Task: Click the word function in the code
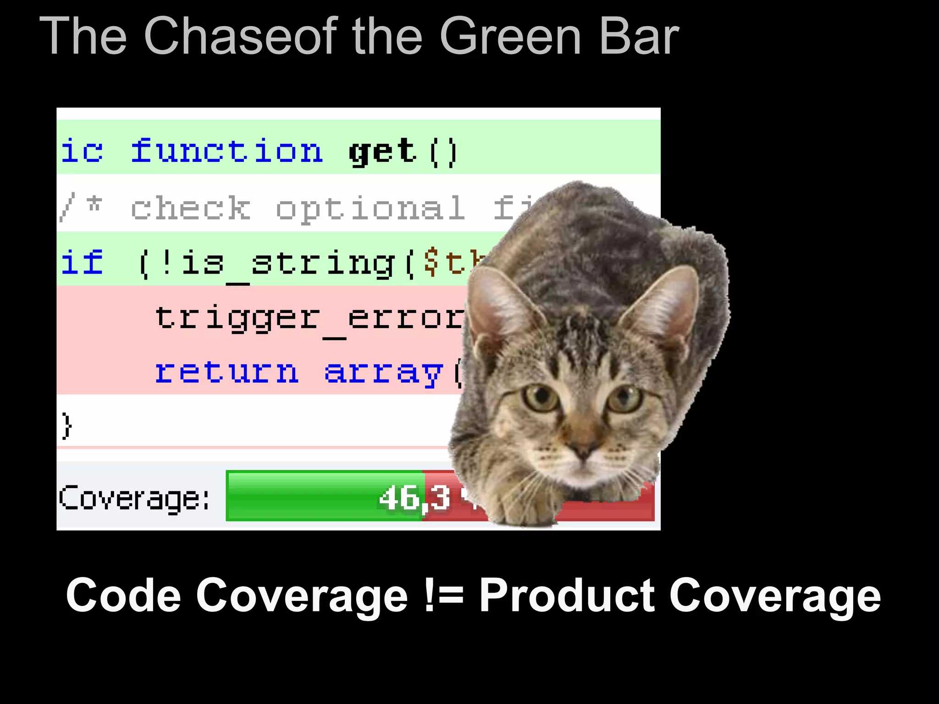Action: (x=227, y=151)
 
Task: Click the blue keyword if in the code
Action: (x=82, y=263)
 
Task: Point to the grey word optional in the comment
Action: (x=370, y=209)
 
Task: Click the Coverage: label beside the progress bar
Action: (x=134, y=498)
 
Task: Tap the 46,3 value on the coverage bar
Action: (x=414, y=498)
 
